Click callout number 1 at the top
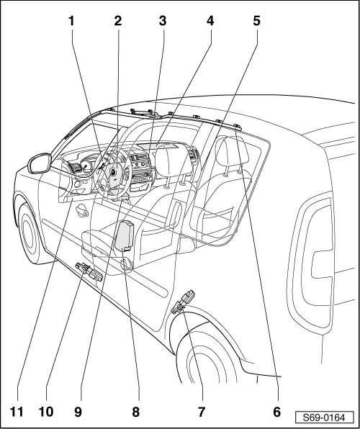click(71, 20)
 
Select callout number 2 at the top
click(117, 20)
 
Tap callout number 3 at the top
click(163, 20)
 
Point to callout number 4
click(210, 20)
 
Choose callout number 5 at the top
click(256, 20)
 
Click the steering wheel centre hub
click(113, 173)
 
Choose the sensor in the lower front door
click(86, 271)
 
